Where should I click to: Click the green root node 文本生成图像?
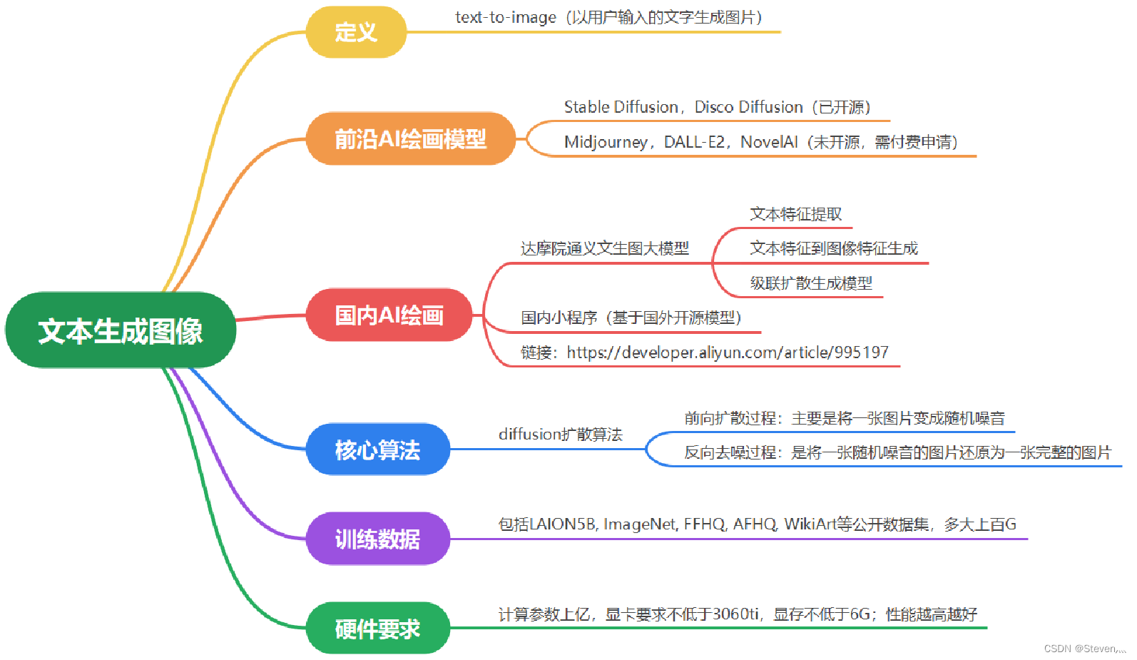[121, 330]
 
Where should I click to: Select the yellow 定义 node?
[356, 32]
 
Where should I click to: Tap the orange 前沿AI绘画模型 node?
[410, 138]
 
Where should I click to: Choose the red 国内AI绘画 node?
[389, 315]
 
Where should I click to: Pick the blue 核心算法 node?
[378, 450]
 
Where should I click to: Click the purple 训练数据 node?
[378, 539]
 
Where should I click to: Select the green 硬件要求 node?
[378, 629]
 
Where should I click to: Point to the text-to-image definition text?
[608, 17]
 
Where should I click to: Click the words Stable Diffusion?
[621, 107]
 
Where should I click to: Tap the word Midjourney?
[605, 142]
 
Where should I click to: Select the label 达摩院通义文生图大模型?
[605, 248]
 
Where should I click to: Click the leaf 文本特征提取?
[795, 214]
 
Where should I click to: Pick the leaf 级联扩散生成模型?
[811, 283]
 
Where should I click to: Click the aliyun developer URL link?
[728, 352]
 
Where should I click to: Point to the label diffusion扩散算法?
[560, 434]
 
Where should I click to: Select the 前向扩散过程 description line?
[845, 418]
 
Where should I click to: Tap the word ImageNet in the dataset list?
[640, 524]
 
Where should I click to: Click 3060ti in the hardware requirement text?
[735, 614]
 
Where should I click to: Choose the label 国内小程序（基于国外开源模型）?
[631, 318]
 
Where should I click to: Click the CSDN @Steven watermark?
[1084, 649]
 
